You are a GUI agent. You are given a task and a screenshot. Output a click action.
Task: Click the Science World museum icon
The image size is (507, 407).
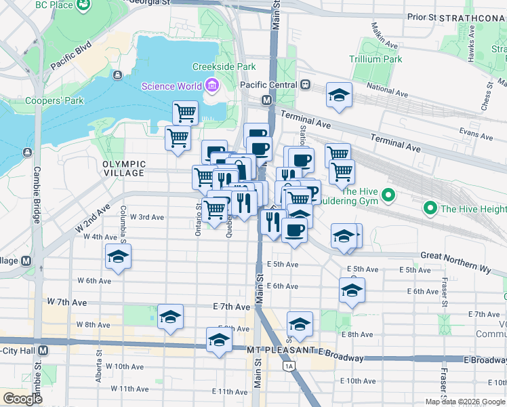pyautogui.click(x=211, y=85)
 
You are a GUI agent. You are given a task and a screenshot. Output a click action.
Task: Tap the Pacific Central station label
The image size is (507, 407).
pyautogui.click(x=268, y=85)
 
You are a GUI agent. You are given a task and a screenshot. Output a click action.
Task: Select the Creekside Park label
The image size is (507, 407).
pyautogui.click(x=224, y=66)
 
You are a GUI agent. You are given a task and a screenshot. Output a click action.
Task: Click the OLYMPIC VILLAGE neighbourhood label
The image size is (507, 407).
pyautogui.click(x=124, y=168)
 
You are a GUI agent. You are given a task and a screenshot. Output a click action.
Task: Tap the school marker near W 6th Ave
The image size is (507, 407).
pyautogui.click(x=118, y=256)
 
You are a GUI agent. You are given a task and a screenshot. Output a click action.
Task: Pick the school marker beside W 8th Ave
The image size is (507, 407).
pyautogui.click(x=170, y=316)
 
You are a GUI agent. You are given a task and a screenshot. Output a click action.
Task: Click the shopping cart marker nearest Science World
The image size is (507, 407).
pyautogui.click(x=185, y=111)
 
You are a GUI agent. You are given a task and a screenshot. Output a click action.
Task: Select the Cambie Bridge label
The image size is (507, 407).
pyautogui.click(x=37, y=195)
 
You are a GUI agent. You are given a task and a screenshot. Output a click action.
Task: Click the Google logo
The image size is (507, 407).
pyautogui.click(x=22, y=398)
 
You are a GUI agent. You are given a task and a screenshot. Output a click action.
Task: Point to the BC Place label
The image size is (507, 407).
pyautogui.click(x=53, y=5)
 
